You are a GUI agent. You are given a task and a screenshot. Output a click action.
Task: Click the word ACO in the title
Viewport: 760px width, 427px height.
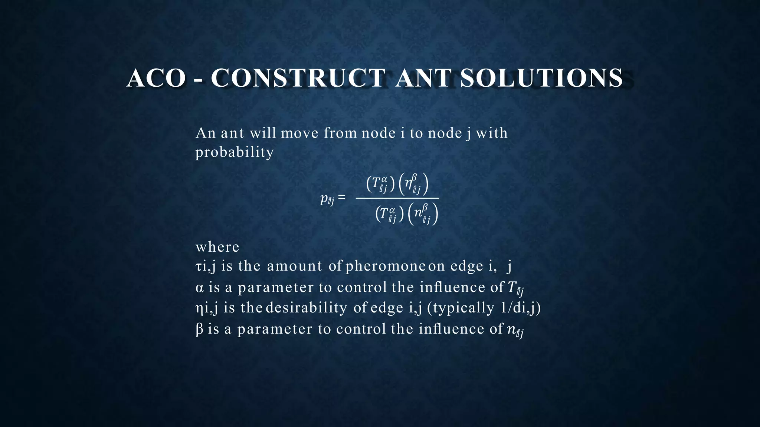pos(156,78)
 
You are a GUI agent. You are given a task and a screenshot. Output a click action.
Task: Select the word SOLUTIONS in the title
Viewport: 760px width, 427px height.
pos(541,78)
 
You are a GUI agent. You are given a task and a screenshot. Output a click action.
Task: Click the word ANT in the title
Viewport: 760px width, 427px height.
pos(423,78)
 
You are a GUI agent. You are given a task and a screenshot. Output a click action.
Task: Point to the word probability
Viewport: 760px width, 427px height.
pos(235,152)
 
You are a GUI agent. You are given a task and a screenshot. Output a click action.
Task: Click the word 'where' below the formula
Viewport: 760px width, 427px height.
pos(217,247)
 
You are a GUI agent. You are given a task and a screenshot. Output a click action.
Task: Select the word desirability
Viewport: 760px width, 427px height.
pos(307,308)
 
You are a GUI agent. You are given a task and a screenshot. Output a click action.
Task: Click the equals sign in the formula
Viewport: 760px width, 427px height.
pos(342,198)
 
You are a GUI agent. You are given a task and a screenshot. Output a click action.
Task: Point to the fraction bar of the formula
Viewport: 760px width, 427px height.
pos(397,198)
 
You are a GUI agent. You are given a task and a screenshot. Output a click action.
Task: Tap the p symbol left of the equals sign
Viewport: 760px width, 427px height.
pos(324,199)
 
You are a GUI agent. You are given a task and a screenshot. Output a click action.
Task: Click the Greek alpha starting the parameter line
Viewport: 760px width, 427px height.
pos(200,288)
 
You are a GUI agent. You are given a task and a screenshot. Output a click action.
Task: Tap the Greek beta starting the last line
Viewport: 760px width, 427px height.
pos(199,329)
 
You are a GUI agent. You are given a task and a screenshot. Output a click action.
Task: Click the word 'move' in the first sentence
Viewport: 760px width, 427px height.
pos(299,133)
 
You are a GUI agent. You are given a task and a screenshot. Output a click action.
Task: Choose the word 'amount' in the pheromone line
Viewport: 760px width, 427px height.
pos(295,267)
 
